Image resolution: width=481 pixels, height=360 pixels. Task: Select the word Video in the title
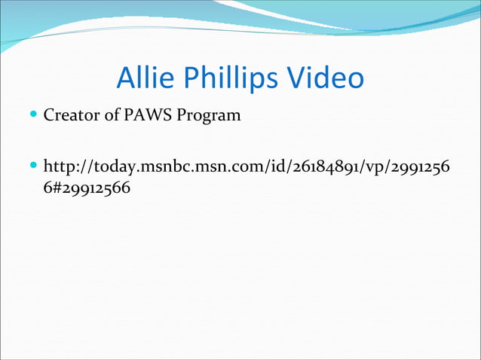point(325,78)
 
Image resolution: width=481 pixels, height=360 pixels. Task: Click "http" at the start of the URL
point(61,166)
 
